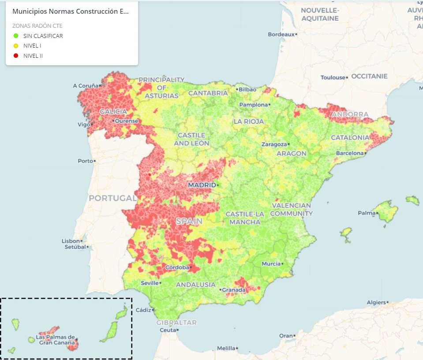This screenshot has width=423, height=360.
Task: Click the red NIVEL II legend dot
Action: click(16, 56)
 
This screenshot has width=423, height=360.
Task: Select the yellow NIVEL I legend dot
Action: click(16, 46)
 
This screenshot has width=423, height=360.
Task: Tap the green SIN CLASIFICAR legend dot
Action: click(16, 36)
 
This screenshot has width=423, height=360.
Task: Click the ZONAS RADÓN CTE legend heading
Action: click(37, 26)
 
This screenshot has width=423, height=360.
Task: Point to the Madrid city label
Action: click(202, 185)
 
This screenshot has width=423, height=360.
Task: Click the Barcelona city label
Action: click(350, 153)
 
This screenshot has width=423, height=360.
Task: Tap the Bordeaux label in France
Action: click(281, 34)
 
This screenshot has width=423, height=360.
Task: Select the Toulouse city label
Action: click(333, 78)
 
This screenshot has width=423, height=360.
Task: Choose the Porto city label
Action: click(86, 161)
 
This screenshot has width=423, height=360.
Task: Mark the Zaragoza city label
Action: click(273, 144)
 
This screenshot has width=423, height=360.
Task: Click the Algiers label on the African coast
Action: click(376, 303)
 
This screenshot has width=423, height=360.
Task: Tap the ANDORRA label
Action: click(350, 115)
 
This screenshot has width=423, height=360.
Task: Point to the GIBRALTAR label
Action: click(176, 322)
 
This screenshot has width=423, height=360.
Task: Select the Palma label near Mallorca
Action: click(367, 213)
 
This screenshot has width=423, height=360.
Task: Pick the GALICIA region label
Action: click(113, 112)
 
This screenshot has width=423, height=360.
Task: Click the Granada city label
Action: click(233, 290)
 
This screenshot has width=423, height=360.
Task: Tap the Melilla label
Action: click(226, 349)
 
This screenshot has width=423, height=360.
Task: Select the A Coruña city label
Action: click(87, 86)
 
